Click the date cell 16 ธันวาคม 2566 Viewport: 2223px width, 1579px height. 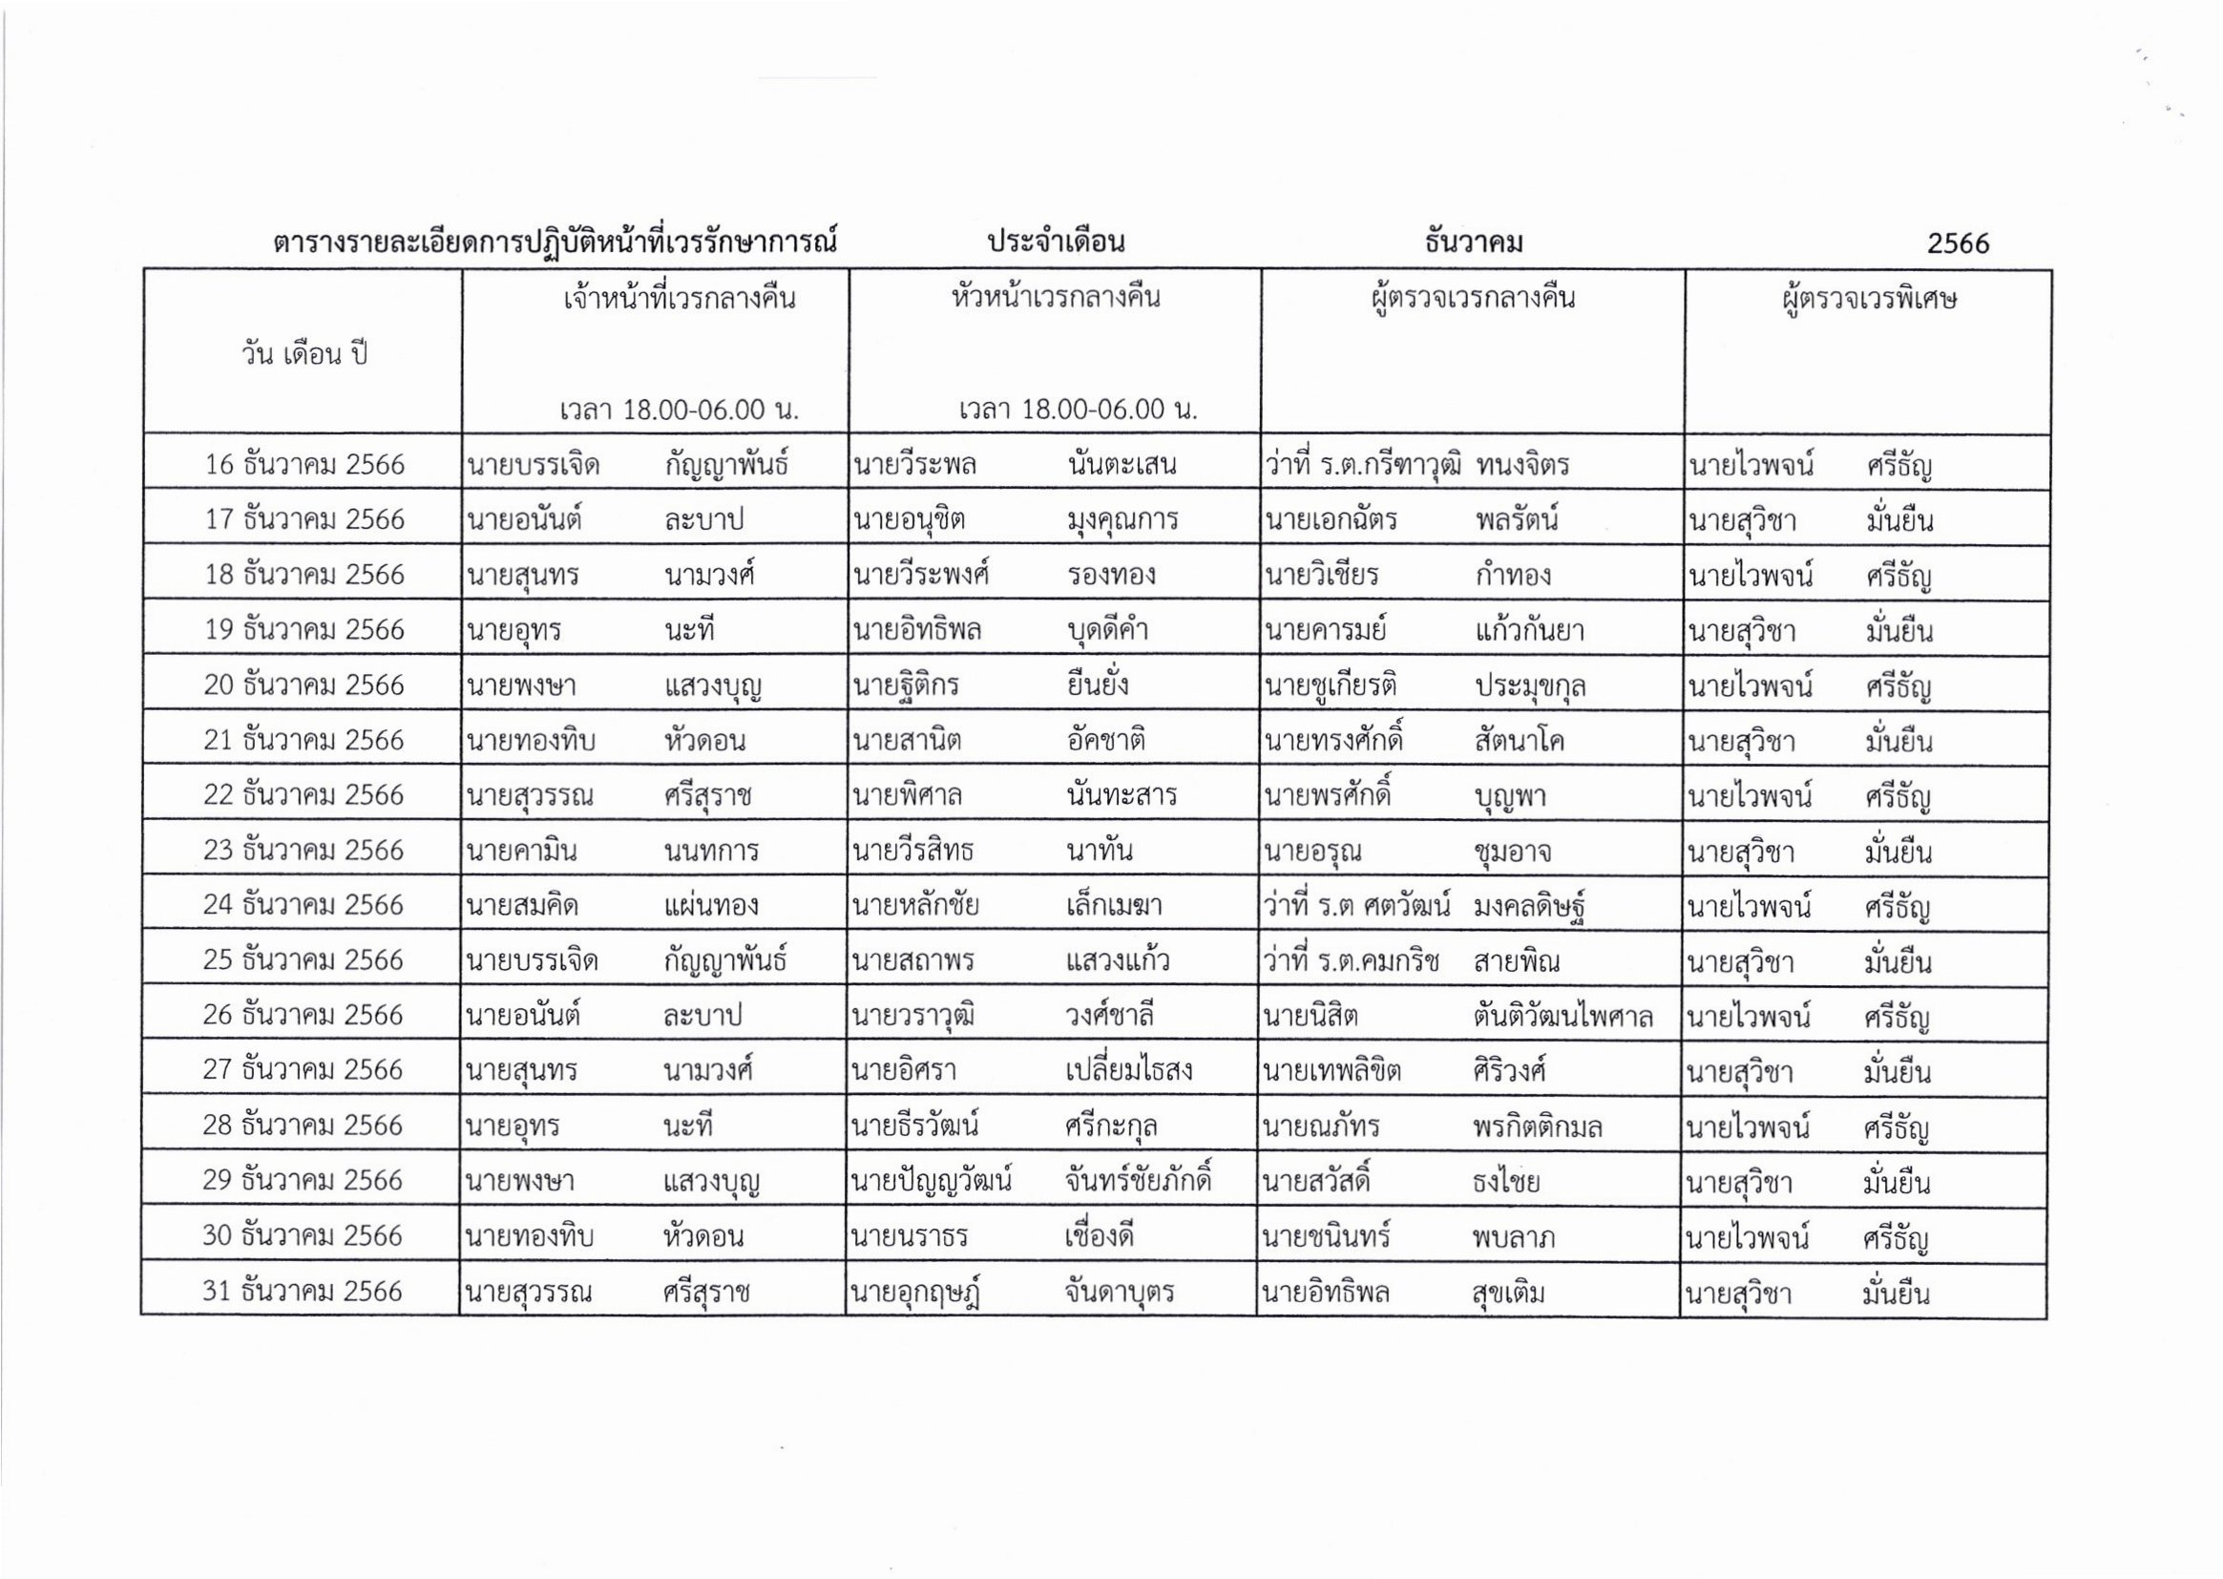[304, 465]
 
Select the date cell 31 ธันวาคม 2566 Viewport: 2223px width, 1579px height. [302, 1292]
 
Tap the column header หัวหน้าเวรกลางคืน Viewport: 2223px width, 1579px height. [1055, 298]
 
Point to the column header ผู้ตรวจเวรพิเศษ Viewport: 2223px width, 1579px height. [1868, 298]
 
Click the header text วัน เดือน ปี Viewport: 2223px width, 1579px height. [304, 354]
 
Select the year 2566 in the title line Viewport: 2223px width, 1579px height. [1958, 243]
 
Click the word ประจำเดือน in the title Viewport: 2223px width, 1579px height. [1056, 242]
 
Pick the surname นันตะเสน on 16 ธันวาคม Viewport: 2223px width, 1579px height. [1122, 465]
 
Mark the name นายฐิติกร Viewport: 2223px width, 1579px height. [905, 685]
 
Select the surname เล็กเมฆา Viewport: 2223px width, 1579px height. [1114, 906]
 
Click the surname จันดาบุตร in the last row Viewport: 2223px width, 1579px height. [1119, 1293]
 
